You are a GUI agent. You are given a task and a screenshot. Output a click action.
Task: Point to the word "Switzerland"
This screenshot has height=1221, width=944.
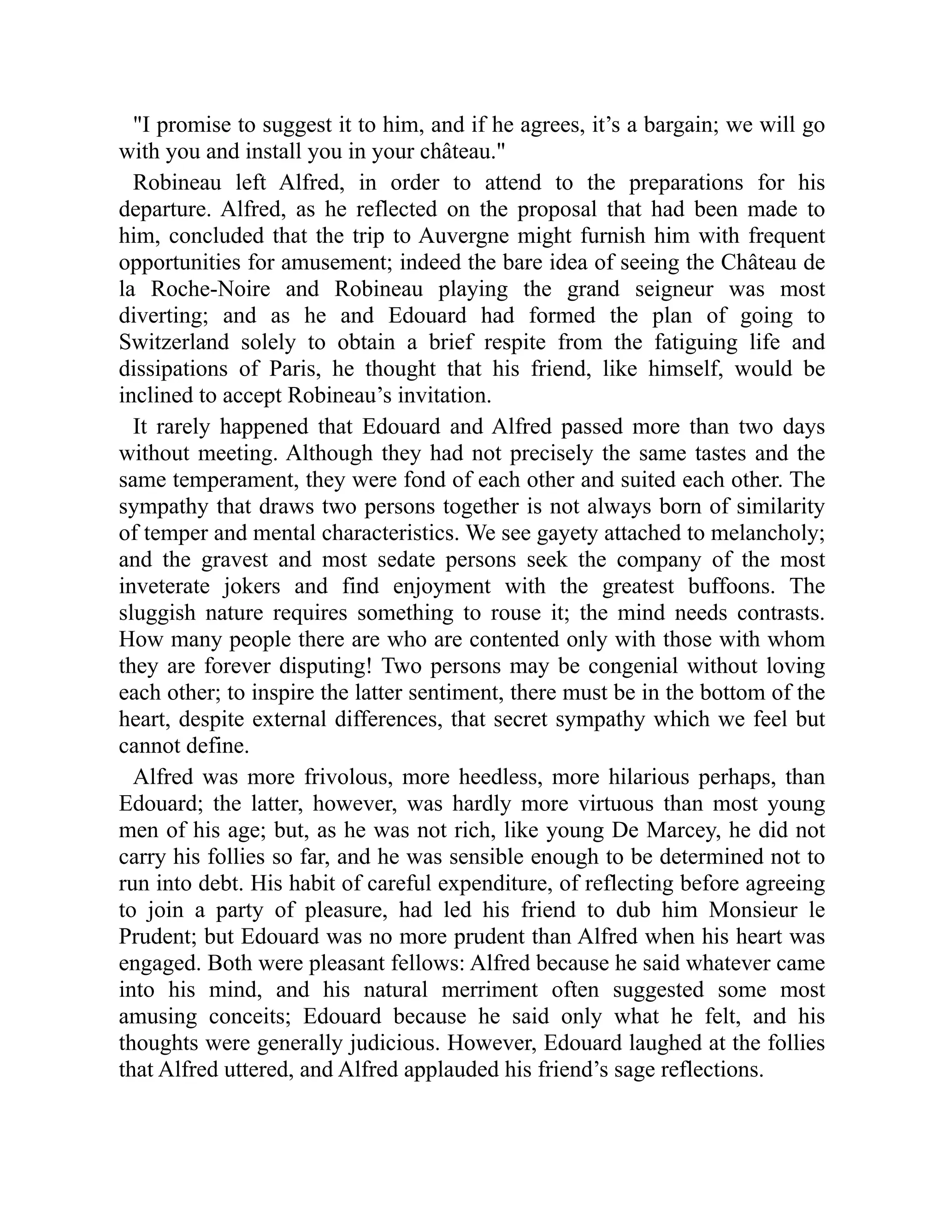coord(174,342)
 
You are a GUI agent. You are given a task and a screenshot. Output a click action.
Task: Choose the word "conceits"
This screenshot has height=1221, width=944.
coord(249,1016)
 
